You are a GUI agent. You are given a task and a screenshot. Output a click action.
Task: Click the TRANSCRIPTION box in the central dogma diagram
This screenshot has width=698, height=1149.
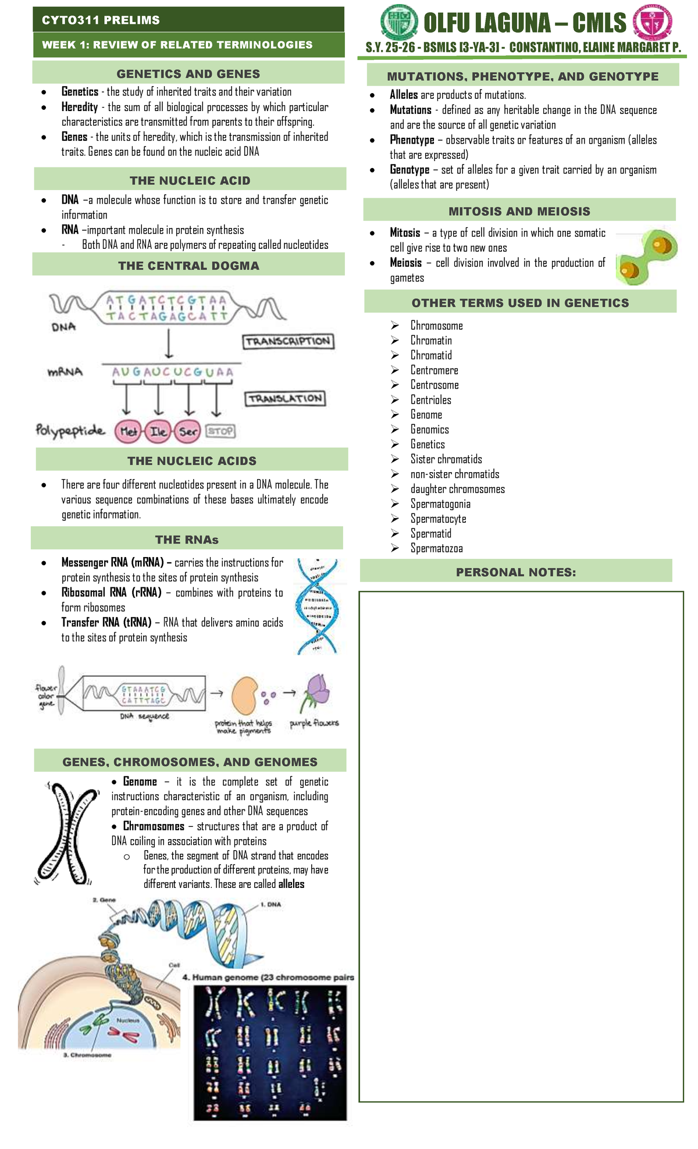pos(288,342)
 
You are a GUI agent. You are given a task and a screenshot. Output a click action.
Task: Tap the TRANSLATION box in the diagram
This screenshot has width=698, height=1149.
pos(285,399)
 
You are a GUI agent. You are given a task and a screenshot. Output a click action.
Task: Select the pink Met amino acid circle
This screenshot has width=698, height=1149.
pos(129,431)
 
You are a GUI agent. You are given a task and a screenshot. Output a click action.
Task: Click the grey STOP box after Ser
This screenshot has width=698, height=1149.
pos(220,431)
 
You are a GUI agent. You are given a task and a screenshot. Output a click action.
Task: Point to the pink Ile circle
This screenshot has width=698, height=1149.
pos(158,431)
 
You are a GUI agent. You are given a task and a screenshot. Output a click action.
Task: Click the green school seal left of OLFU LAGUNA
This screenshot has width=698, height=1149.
pos(399,22)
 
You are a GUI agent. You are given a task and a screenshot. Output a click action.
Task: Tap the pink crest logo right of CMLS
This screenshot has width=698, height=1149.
pos(652,23)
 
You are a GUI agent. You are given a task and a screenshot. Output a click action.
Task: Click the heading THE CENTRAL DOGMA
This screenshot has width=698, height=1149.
pos(188,266)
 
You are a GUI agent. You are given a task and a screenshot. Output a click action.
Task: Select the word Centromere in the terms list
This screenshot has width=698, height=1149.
pos(434,370)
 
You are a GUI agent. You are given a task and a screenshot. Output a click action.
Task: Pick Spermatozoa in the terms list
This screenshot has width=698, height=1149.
pos(436,548)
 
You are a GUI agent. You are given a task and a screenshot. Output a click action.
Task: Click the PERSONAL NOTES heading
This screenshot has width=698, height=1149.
pos(516,572)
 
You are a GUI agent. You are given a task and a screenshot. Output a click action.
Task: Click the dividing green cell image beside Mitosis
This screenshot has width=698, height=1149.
pos(646,256)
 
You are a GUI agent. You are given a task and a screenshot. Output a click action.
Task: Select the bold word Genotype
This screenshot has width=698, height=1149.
pos(409,170)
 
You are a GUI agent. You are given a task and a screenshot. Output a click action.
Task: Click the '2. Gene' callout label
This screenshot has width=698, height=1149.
pos(105,900)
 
